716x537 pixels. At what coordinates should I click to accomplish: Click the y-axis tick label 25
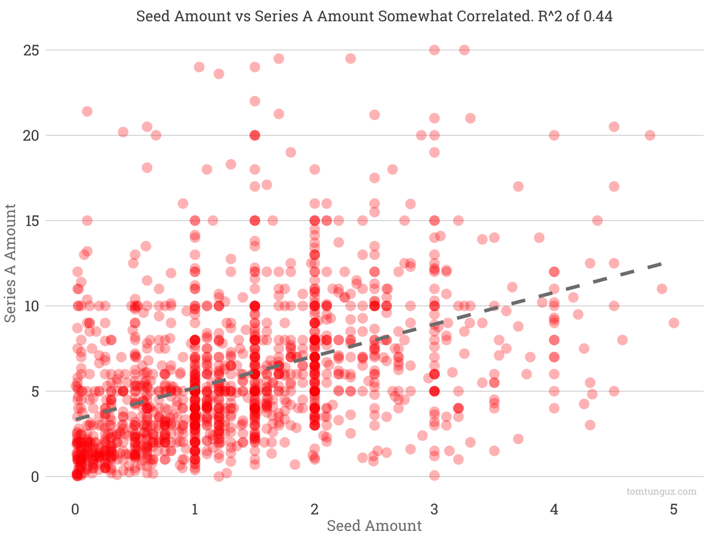[31, 50]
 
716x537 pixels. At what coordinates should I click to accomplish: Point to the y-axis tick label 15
[31, 221]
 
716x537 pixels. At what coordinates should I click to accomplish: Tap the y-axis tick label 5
[35, 392]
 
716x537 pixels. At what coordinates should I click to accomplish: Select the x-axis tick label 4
[554, 510]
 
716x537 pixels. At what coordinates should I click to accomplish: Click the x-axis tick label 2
[314, 510]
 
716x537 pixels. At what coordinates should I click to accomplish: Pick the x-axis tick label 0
[75, 510]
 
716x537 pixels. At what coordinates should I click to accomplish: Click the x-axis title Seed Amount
[374, 526]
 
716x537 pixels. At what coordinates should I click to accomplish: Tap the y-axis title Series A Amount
[11, 263]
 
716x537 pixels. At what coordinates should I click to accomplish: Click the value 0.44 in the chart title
[597, 16]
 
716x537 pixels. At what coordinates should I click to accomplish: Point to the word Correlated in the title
[493, 16]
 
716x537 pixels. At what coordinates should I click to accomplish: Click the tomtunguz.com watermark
[662, 492]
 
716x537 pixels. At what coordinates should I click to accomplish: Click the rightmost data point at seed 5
[673, 323]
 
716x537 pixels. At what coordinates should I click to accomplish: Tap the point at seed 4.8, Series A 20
[649, 135]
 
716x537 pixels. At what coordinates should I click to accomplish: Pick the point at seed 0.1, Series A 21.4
[87, 111]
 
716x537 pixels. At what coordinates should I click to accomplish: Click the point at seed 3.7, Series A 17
[518, 186]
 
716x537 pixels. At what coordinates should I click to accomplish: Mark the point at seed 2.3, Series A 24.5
[350, 59]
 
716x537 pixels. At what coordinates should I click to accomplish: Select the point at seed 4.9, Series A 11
[662, 289]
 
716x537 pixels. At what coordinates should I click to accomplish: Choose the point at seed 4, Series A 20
[554, 135]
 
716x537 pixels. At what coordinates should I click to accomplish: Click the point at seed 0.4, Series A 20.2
[123, 132]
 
